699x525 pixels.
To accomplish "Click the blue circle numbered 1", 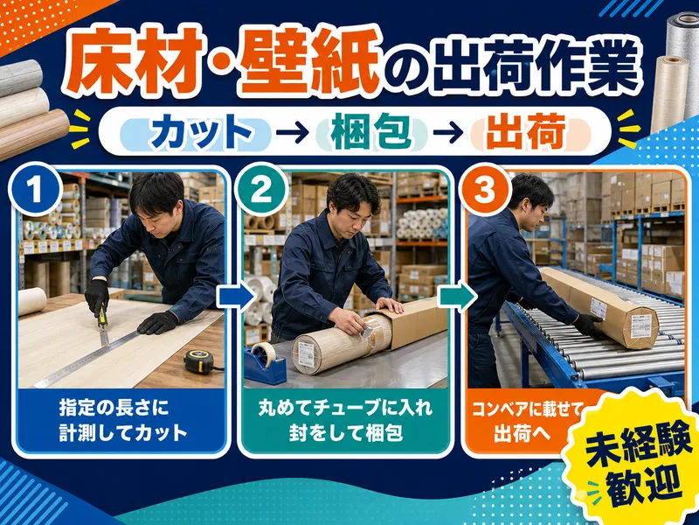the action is (35, 189).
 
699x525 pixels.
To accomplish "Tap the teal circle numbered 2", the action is (260, 189).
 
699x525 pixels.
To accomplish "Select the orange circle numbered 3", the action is (485, 189).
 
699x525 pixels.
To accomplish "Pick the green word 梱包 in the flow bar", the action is (371, 133).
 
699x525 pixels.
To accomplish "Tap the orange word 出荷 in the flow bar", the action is (526, 133).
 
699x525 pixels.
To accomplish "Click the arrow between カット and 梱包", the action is (292, 133).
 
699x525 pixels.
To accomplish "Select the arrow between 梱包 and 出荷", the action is (449, 133).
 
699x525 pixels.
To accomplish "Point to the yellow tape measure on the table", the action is (199, 360).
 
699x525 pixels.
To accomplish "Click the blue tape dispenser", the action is (265, 361).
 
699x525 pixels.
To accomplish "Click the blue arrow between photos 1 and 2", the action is (235, 297).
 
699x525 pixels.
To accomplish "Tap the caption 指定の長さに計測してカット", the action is (122, 421).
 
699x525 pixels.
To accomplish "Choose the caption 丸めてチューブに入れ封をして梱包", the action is (345, 421).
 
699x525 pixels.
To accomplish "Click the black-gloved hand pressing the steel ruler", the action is (157, 322).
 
